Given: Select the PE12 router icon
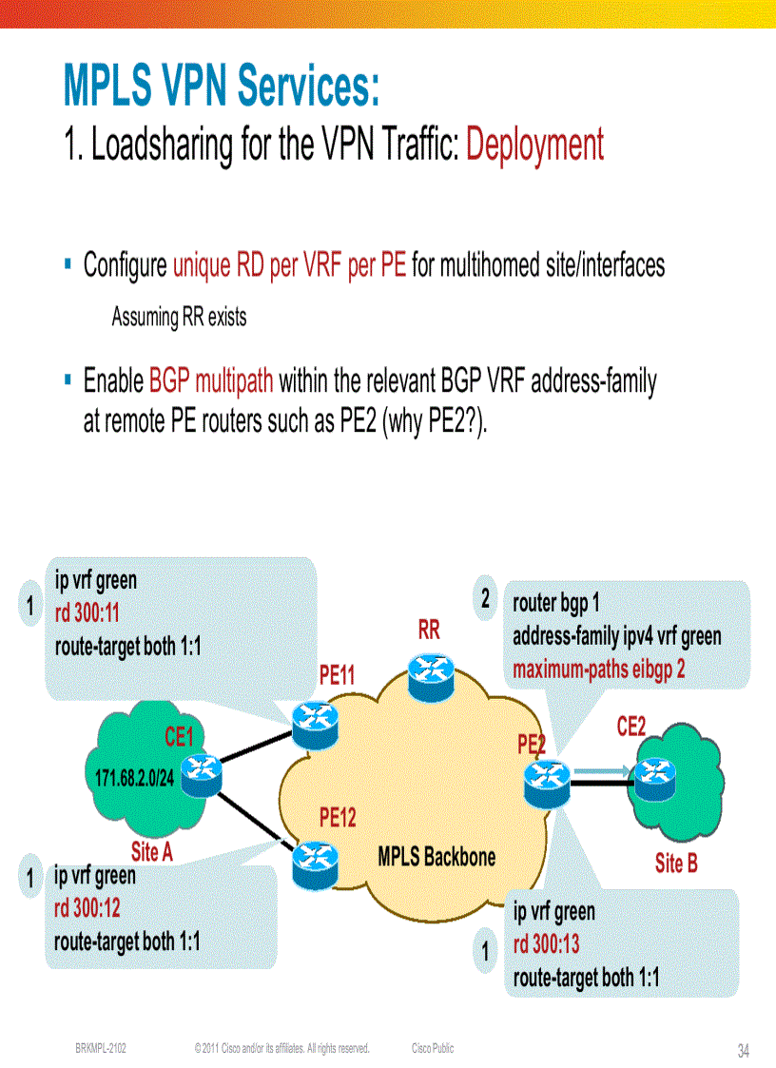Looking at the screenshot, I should click(x=315, y=860).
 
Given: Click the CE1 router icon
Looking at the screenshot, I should click(x=203, y=773).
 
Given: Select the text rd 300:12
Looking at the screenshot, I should click(x=87, y=907).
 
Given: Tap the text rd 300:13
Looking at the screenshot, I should click(x=547, y=944).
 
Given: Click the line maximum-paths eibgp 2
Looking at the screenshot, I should click(x=599, y=670).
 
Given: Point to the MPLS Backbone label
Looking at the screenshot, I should click(x=436, y=856).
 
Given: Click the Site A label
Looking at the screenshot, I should click(x=151, y=851).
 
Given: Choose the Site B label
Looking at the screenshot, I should click(x=676, y=864).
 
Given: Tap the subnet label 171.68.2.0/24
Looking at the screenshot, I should click(x=134, y=778).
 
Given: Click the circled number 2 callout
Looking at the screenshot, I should click(x=486, y=599).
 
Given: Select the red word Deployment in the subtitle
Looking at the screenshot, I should click(x=534, y=145).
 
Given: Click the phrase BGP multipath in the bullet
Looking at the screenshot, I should click(x=211, y=381).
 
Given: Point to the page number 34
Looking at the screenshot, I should click(x=744, y=1051).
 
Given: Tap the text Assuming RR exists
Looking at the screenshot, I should click(x=179, y=317).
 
